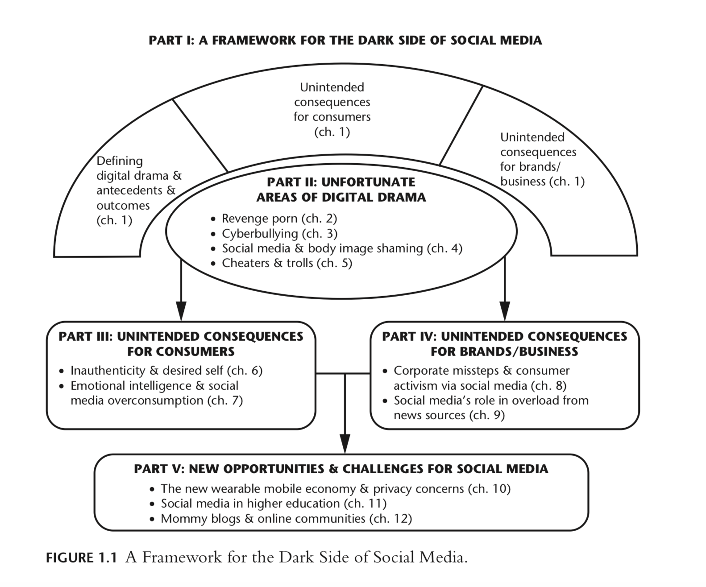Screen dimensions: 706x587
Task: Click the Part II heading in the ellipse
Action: tap(341, 190)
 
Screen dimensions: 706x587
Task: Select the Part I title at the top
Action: tap(345, 40)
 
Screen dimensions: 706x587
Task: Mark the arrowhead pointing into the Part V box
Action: tap(345, 443)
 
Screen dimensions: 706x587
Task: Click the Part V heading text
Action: tap(341, 469)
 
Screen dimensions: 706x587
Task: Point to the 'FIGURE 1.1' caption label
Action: tap(81, 558)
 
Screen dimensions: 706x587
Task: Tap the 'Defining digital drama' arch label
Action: tap(139, 190)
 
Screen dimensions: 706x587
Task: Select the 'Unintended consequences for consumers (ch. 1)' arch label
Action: tap(332, 109)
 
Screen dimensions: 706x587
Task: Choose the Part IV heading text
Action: tap(504, 344)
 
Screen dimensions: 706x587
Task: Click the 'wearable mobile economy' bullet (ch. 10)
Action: tap(336, 489)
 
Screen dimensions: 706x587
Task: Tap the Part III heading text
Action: tap(181, 344)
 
